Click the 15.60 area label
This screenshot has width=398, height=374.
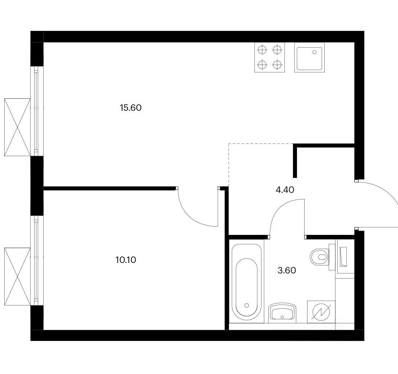(x=131, y=108)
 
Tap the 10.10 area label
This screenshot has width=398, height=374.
(x=126, y=260)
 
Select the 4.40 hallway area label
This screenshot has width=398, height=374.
(x=285, y=190)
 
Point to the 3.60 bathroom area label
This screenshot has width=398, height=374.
(x=287, y=271)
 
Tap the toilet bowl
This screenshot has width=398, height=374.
(x=319, y=257)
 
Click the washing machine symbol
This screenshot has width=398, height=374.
(x=322, y=312)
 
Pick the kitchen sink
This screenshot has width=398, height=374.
(x=309, y=57)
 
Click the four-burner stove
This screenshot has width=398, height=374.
(x=270, y=57)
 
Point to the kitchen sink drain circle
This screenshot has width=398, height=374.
(x=314, y=52)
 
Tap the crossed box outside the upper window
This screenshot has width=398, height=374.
(x=17, y=127)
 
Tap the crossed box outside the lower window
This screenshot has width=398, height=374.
(x=17, y=277)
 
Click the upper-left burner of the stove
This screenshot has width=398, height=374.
(x=262, y=50)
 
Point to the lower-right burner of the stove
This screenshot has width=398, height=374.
(x=277, y=65)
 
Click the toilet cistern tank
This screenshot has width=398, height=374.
(x=332, y=257)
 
